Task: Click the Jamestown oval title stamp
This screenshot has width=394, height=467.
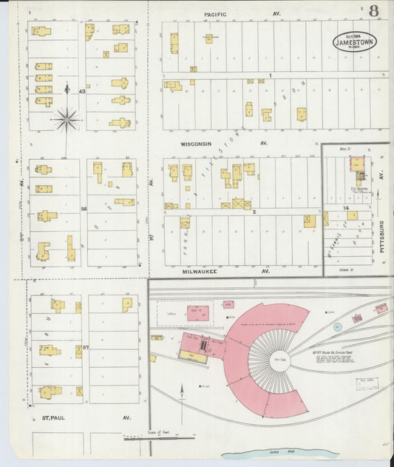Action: point(354,41)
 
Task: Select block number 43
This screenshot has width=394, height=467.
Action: point(83,92)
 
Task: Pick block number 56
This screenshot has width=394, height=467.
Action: point(84,209)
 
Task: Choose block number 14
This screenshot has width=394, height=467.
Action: point(346,209)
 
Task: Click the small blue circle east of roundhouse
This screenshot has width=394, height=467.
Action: point(337,326)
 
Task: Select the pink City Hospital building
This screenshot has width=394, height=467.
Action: point(356,164)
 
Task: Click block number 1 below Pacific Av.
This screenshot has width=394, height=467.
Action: point(271,75)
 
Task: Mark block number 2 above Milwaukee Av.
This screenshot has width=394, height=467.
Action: point(254,212)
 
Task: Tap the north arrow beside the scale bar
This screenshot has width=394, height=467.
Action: point(182,392)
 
